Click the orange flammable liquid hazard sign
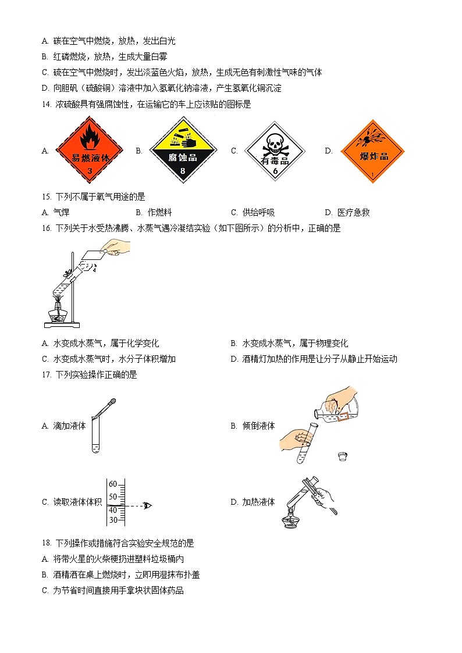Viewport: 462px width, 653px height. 89,150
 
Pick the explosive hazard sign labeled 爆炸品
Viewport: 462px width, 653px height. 373,152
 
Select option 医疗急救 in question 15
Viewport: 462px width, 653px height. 353,213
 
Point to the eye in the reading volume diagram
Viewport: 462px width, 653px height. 147,505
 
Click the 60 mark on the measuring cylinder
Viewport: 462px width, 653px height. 113,484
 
